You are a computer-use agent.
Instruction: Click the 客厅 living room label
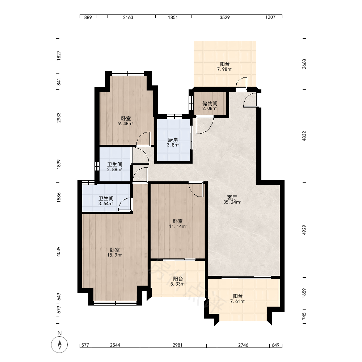(x=232, y=197)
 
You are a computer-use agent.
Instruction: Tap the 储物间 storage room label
(x=210, y=104)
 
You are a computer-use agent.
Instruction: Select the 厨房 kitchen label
(x=173, y=140)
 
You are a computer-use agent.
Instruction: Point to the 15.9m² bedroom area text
(x=114, y=255)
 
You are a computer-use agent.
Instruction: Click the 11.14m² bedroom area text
(x=178, y=227)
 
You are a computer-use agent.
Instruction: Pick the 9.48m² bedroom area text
(x=126, y=124)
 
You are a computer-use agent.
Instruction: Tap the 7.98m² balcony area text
(x=225, y=69)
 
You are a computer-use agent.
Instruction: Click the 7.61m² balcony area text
(x=237, y=301)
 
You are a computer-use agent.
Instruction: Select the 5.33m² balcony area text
(x=178, y=284)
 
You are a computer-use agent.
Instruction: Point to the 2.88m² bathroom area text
(x=114, y=170)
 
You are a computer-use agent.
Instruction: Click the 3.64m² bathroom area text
(x=106, y=203)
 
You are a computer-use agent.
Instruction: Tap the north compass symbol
(x=59, y=345)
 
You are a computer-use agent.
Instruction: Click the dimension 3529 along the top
(x=225, y=17)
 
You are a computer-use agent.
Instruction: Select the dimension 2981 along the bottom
(x=177, y=345)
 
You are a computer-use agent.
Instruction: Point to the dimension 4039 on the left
(x=59, y=252)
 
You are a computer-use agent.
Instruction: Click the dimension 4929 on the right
(x=304, y=230)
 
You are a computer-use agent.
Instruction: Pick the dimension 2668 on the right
(x=304, y=64)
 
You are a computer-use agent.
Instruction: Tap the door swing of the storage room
(x=205, y=125)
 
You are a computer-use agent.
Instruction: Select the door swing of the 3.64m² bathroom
(x=125, y=204)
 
